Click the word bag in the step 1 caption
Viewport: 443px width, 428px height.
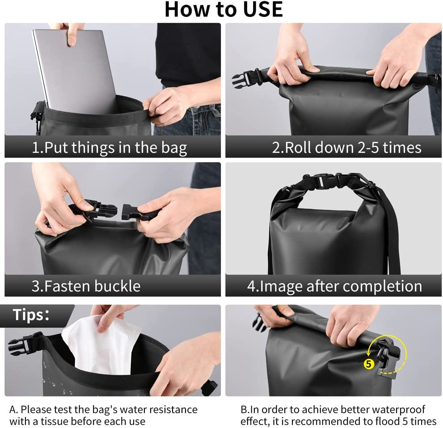pos(174,148)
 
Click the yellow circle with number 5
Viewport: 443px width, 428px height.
pos(368,364)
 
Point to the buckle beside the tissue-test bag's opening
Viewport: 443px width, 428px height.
pos(25,343)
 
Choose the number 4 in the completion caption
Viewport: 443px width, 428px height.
pos(251,286)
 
